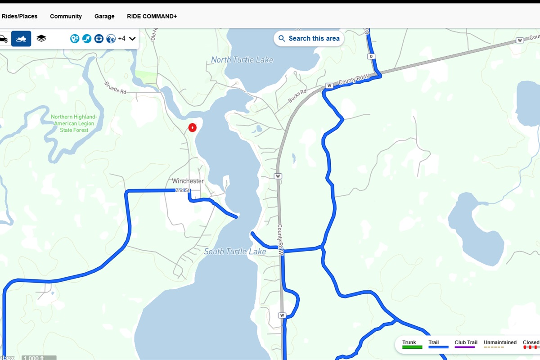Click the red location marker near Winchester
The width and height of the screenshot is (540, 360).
[x=192, y=127]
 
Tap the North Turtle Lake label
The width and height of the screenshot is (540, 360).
[x=242, y=60]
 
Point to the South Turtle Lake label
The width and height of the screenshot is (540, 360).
[x=235, y=252]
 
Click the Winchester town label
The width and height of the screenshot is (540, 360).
[x=188, y=181]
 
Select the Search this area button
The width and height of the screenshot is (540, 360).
[x=309, y=39]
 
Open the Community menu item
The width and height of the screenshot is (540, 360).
[x=66, y=16]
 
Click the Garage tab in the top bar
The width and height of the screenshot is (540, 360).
[x=104, y=16]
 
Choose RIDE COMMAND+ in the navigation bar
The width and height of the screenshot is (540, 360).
[x=152, y=16]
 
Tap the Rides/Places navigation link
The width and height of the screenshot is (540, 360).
[x=19, y=16]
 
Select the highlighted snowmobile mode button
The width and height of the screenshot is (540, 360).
[x=21, y=39]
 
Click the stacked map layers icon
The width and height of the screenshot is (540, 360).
[x=41, y=39]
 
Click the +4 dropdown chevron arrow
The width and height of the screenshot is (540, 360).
[x=132, y=39]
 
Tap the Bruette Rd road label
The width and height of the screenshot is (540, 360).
[x=115, y=87]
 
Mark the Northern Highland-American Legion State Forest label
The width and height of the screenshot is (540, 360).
[x=74, y=123]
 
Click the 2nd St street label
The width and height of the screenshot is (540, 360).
[x=182, y=190]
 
